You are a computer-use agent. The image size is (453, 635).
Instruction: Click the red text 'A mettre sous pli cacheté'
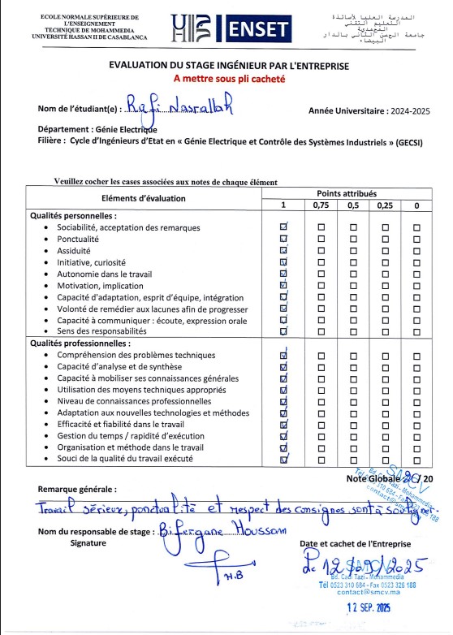click(226, 80)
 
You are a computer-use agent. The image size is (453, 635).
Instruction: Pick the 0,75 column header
click(321, 206)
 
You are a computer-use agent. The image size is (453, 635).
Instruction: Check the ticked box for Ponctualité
click(283, 240)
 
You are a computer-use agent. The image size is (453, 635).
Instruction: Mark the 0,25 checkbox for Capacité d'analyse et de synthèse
click(385, 367)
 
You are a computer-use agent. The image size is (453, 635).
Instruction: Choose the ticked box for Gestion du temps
click(283, 436)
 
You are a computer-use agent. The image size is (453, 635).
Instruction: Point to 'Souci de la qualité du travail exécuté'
click(136, 459)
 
